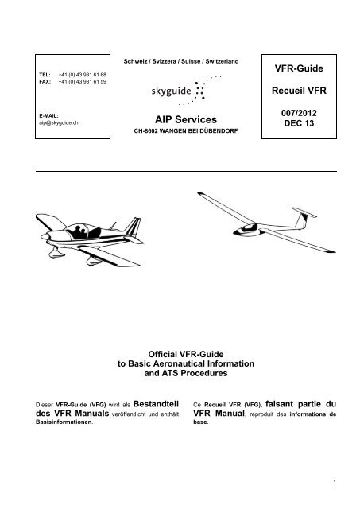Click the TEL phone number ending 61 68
point(81,72)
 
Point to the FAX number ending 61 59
point(81,80)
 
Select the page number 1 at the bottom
point(336,481)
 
